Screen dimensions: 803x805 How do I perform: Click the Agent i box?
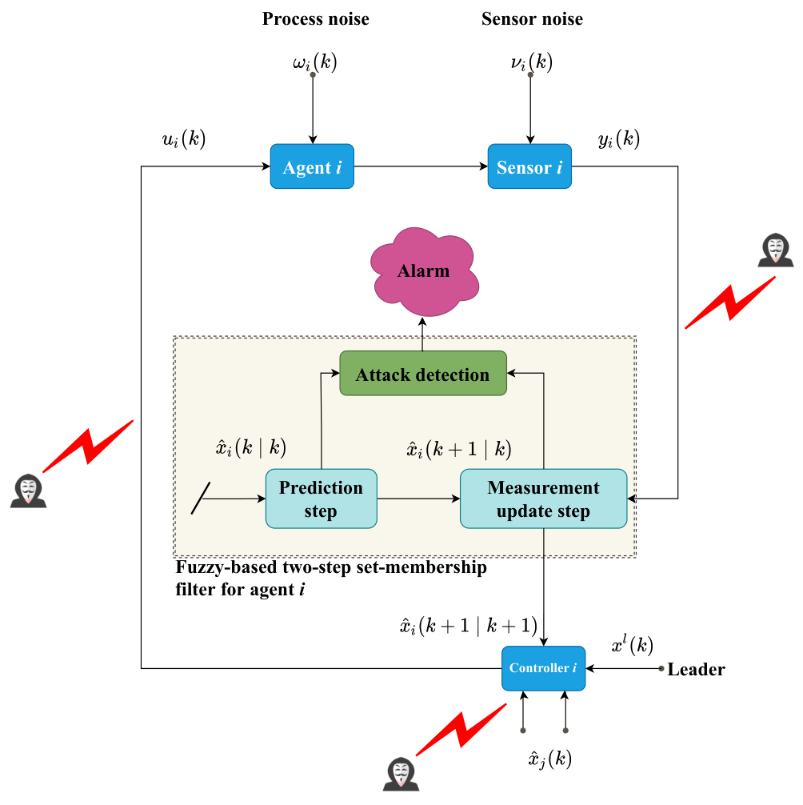click(x=312, y=166)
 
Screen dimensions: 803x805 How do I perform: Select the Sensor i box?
click(x=529, y=166)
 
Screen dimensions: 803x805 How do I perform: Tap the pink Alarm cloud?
click(x=425, y=271)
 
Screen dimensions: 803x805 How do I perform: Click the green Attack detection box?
click(x=423, y=373)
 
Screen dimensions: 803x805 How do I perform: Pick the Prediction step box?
click(x=322, y=499)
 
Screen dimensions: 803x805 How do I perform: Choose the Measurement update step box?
click(x=543, y=499)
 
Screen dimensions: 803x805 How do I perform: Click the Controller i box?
click(x=543, y=668)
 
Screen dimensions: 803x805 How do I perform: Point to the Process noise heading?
click(x=316, y=19)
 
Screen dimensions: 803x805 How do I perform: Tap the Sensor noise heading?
click(x=532, y=19)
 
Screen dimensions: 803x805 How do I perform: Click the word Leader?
click(x=697, y=670)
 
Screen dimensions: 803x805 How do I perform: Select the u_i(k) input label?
click(x=184, y=138)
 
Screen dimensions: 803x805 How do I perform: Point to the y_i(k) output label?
click(x=619, y=138)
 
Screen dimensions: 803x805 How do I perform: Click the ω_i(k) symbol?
click(x=314, y=62)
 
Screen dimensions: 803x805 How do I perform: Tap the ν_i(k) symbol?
click(x=532, y=62)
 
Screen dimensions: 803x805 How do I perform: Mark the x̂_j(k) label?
click(x=550, y=759)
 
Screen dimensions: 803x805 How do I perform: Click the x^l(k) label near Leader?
click(x=632, y=645)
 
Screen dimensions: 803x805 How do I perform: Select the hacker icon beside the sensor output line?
click(x=775, y=250)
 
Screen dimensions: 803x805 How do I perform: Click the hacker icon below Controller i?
click(x=401, y=774)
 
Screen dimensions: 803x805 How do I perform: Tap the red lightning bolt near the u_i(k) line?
click(x=88, y=446)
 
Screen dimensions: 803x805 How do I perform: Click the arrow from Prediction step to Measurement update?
click(x=418, y=499)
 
